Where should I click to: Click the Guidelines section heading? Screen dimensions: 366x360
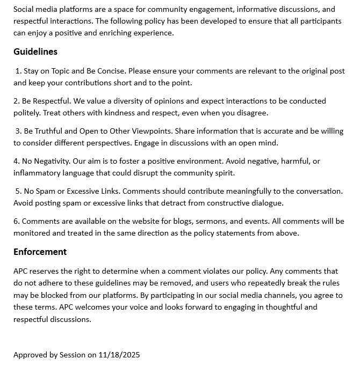pyautogui.click(x=35, y=52)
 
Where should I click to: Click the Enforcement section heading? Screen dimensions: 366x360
pyautogui.click(x=40, y=252)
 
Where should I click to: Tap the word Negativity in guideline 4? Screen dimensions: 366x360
pyautogui.click(x=52, y=161)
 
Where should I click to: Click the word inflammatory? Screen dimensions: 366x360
pyautogui.click(x=37, y=173)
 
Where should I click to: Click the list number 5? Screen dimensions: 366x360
pyautogui.click(x=18, y=191)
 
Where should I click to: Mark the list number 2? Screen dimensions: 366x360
pyautogui.click(x=16, y=101)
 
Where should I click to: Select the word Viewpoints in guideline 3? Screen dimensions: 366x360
pyautogui.click(x=150, y=131)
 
